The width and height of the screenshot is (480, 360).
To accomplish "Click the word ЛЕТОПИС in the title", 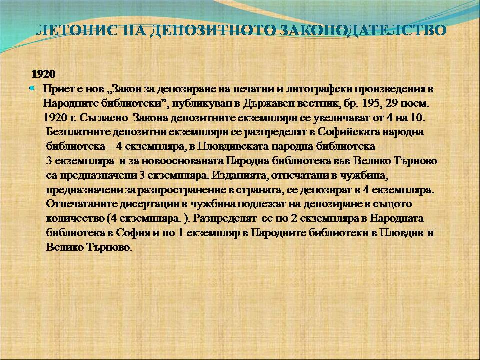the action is point(77,31).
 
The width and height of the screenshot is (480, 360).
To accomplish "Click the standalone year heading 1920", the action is point(44,74).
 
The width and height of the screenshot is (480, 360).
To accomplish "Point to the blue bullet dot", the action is point(32,88).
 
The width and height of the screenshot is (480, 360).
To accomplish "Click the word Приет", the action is point(55,89).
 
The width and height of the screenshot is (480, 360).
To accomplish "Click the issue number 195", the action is point(372,104).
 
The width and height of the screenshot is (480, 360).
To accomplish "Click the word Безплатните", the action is point(78,132).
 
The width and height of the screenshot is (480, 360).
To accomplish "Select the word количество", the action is point(75,218).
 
